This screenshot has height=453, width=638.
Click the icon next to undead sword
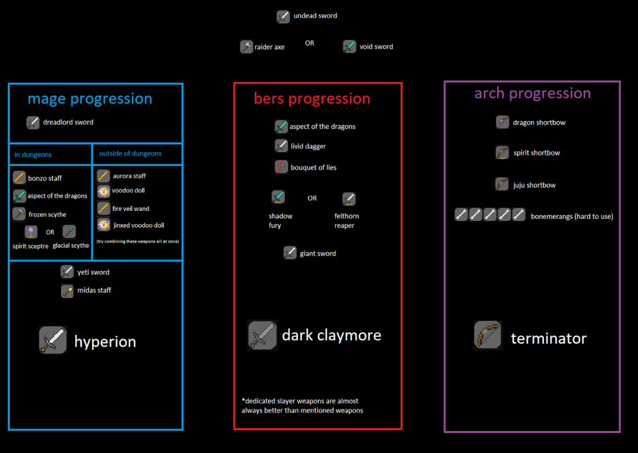coord(283,17)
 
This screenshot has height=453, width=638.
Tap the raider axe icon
coord(247,47)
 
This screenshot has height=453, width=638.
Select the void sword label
coord(376,47)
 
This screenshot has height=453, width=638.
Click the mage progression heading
coord(90,99)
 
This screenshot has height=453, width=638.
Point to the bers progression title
coord(312,99)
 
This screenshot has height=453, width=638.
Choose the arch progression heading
coord(532,94)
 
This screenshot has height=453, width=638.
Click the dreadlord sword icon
coord(33,122)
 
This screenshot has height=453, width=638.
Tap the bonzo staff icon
coord(19,178)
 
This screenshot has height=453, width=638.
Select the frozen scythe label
coord(47,215)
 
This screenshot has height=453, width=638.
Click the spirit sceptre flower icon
coord(31,232)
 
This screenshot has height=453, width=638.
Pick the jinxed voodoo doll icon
coord(103,225)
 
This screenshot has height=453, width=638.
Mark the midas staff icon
coord(67,291)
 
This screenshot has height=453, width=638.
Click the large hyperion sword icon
coord(53,340)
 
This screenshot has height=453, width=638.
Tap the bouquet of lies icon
coord(281,167)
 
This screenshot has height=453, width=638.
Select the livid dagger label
coord(308,147)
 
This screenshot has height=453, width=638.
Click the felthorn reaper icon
coord(349,199)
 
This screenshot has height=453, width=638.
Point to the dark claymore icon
coord(262,335)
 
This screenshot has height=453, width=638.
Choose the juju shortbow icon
coord(503,185)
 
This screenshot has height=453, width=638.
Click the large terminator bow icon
coord(488,336)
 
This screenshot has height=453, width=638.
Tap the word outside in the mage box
coord(111,153)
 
